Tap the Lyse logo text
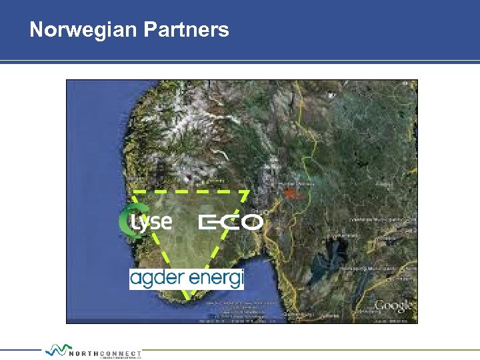pyautogui.click(x=153, y=221)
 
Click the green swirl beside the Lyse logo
pyautogui.click(x=125, y=220)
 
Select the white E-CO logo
pyautogui.click(x=231, y=222)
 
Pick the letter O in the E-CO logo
pyautogui.click(x=251, y=222)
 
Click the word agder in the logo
pyautogui.click(x=155, y=277)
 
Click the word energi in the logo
pyautogui.click(x=215, y=277)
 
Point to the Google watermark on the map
pyautogui.click(x=393, y=306)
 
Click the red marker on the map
pyautogui.click(x=289, y=193)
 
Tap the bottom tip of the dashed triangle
pyautogui.click(x=190, y=298)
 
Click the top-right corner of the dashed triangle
pyautogui.click(x=249, y=192)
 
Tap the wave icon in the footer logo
pyautogui.click(x=59, y=349)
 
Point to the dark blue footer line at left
pyautogui.click(x=20, y=349)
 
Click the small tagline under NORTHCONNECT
pyautogui.click(x=120, y=357)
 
